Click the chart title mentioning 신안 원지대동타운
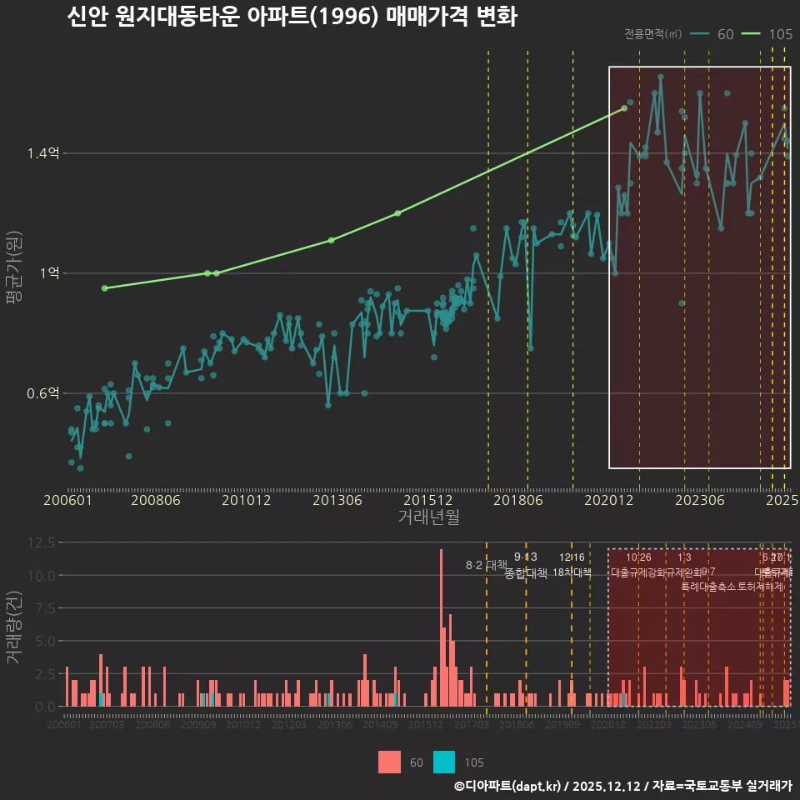point(292,17)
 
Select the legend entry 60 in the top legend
point(725,34)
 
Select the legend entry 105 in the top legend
point(780,34)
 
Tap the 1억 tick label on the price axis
point(51,273)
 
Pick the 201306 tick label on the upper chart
point(337,500)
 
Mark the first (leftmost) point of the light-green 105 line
point(104,288)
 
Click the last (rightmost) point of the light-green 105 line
point(624,108)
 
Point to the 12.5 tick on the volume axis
point(42,542)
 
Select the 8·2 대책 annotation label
point(486,565)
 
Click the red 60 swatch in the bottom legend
point(389,762)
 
